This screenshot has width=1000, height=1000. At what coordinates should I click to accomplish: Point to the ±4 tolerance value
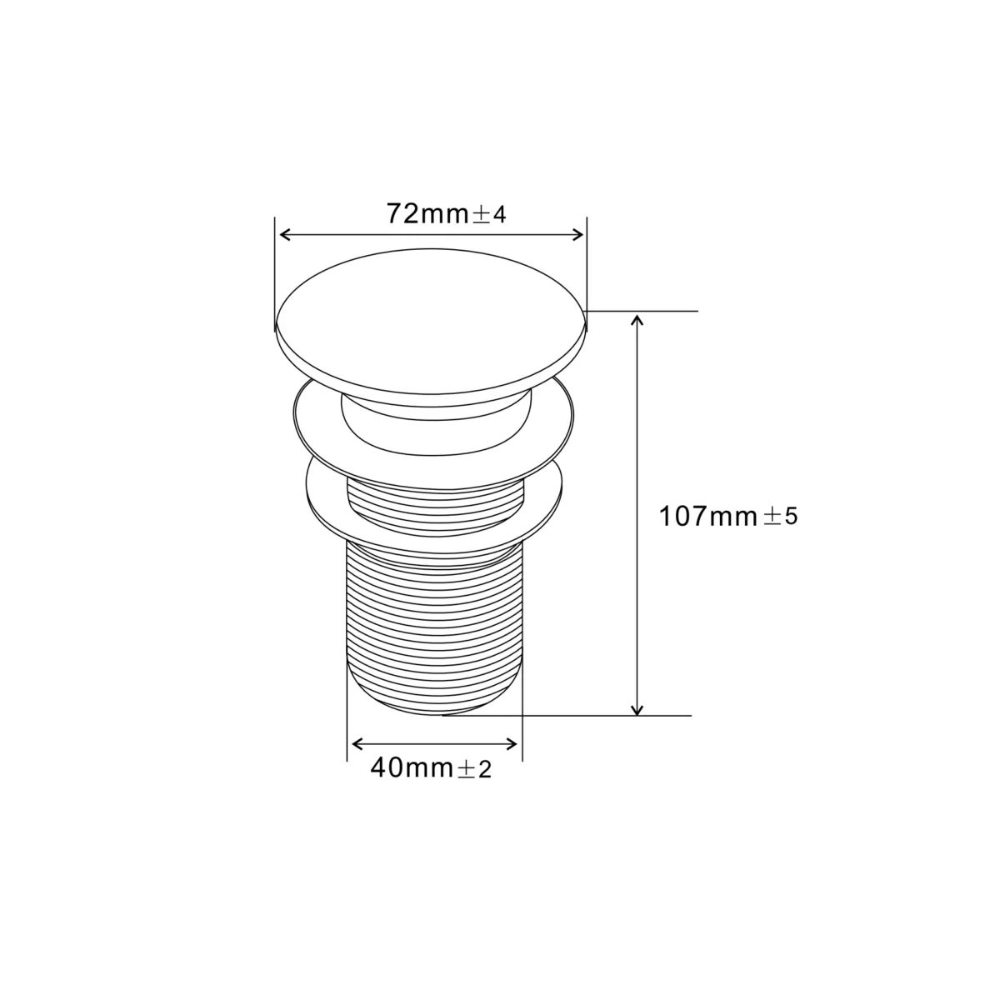point(488,215)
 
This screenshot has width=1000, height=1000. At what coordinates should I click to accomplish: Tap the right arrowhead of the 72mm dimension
point(577,235)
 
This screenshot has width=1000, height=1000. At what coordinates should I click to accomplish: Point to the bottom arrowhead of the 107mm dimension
point(637,709)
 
